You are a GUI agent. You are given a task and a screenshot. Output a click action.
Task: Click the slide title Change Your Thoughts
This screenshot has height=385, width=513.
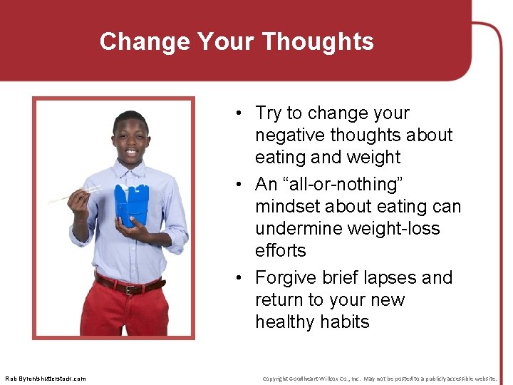[237, 41]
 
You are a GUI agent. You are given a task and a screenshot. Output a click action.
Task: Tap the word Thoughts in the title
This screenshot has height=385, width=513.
[317, 41]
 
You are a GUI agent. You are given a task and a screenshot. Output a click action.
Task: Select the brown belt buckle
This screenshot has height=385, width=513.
[130, 289]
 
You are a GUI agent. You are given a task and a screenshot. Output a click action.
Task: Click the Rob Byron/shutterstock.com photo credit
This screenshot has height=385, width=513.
[45, 378]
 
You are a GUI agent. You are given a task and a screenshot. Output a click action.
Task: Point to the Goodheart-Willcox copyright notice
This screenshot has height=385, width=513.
[379, 378]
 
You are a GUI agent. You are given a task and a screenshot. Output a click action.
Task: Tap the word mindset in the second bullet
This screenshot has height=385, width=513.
[287, 206]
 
